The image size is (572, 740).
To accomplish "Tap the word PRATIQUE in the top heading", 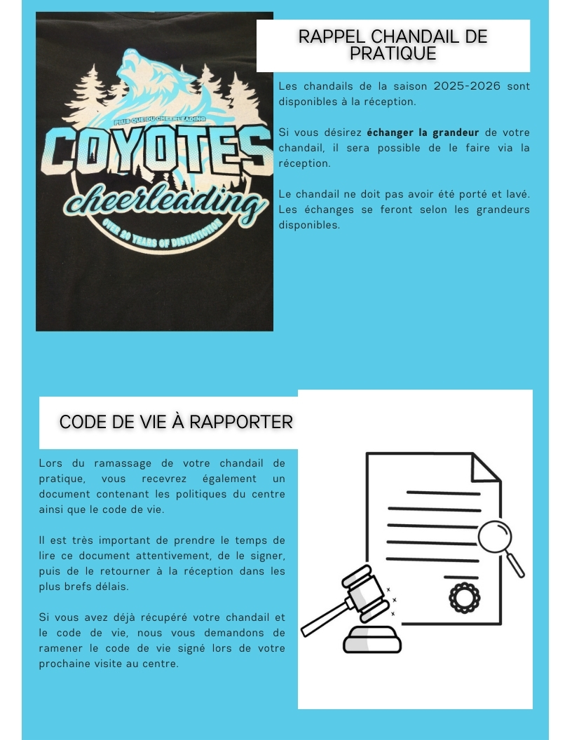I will click(393, 54).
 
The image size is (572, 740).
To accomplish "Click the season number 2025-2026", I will click(467, 86).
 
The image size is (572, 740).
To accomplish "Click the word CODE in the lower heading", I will click(81, 422).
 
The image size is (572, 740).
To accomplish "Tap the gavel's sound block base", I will click(372, 640).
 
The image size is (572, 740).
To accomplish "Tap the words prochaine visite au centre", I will click(109, 664).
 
